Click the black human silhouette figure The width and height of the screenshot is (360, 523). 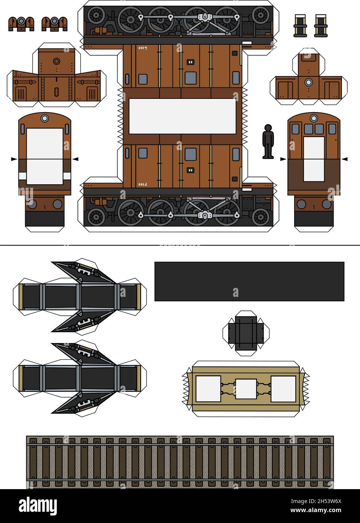(268, 141)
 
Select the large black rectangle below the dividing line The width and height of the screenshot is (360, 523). (249, 281)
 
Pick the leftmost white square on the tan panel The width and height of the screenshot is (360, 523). (208, 389)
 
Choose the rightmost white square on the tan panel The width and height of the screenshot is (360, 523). (283, 389)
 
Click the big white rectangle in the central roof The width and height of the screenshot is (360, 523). (182, 116)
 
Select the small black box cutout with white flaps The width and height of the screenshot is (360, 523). (246, 333)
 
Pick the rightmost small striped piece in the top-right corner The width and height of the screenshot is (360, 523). (321, 26)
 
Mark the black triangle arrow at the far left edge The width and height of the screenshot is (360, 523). (14, 160)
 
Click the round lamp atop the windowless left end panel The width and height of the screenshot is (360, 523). (45, 119)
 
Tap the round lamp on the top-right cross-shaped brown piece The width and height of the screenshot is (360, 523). (309, 82)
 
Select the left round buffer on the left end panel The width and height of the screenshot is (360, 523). (32, 204)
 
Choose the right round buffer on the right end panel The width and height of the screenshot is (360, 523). (326, 204)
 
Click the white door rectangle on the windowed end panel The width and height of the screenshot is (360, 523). (314, 159)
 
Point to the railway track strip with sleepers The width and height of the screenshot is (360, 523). (180, 462)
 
